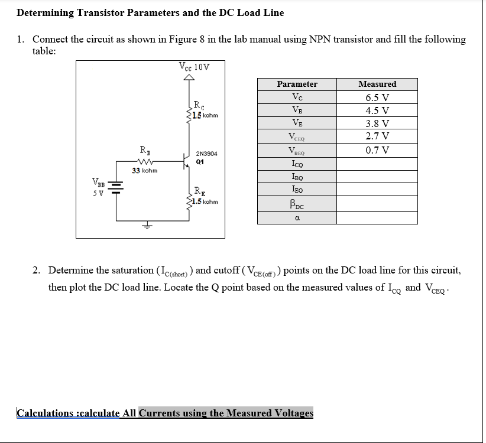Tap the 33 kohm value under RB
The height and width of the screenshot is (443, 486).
tap(144, 170)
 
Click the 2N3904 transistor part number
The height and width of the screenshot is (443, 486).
tap(206, 153)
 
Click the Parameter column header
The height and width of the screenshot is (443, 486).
tap(297, 84)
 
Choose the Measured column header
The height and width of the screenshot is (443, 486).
tap(377, 84)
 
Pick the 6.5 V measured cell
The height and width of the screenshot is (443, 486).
tap(377, 97)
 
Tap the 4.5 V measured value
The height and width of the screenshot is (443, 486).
tap(377, 110)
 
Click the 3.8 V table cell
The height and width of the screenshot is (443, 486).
tap(377, 123)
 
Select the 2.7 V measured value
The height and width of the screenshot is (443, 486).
tap(377, 136)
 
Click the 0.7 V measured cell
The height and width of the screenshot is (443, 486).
tap(377, 150)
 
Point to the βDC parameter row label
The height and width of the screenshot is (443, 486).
tap(297, 205)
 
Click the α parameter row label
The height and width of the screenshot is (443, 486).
tap(297, 218)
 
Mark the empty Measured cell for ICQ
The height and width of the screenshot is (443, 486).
tap(377, 163)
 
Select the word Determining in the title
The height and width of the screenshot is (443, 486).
tap(46, 12)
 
